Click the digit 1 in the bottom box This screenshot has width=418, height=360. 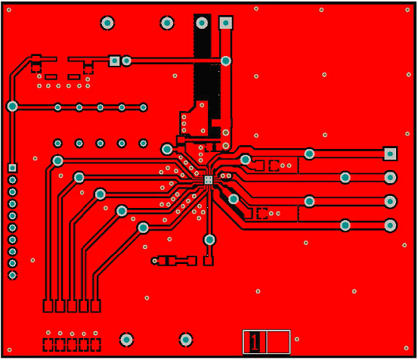click(x=255, y=342)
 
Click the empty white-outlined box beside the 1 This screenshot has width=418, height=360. click(x=278, y=342)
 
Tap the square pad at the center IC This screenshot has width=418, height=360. click(x=208, y=180)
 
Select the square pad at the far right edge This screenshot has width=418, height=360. click(x=390, y=154)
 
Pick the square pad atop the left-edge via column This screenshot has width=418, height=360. click(x=12, y=168)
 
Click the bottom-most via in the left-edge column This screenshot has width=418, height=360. click(x=12, y=275)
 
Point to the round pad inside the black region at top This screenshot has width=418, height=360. click(x=202, y=23)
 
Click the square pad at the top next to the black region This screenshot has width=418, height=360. click(x=226, y=23)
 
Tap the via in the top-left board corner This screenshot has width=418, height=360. click(x=9, y=10)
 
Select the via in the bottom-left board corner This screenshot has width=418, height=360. click(x=9, y=350)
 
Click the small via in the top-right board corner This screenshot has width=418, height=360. click(x=407, y=10)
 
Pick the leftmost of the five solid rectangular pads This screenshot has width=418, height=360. click(x=48, y=306)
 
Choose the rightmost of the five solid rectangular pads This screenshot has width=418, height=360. click(x=95, y=306)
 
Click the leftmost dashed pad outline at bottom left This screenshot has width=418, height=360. click(x=48, y=345)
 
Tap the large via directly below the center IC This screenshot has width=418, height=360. click(x=209, y=240)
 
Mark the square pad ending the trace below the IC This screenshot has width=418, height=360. click(x=208, y=261)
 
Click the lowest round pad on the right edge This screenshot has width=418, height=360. click(x=390, y=225)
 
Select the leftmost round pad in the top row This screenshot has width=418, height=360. click(x=107, y=23)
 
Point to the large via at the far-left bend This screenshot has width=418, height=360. click(x=12, y=107)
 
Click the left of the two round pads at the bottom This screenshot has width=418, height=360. click(x=127, y=340)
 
